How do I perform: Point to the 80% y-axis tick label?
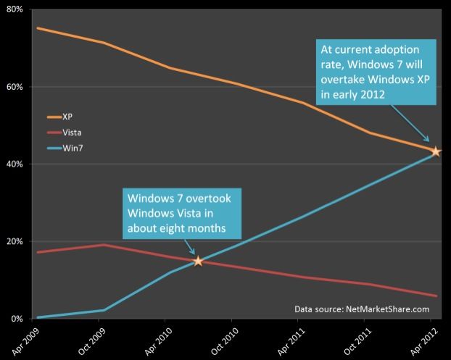(15, 9)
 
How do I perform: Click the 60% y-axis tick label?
(15, 87)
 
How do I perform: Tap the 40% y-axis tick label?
(15, 164)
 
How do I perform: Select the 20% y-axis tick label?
(15, 241)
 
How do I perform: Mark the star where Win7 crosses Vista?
(198, 261)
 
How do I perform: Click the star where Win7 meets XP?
(436, 151)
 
